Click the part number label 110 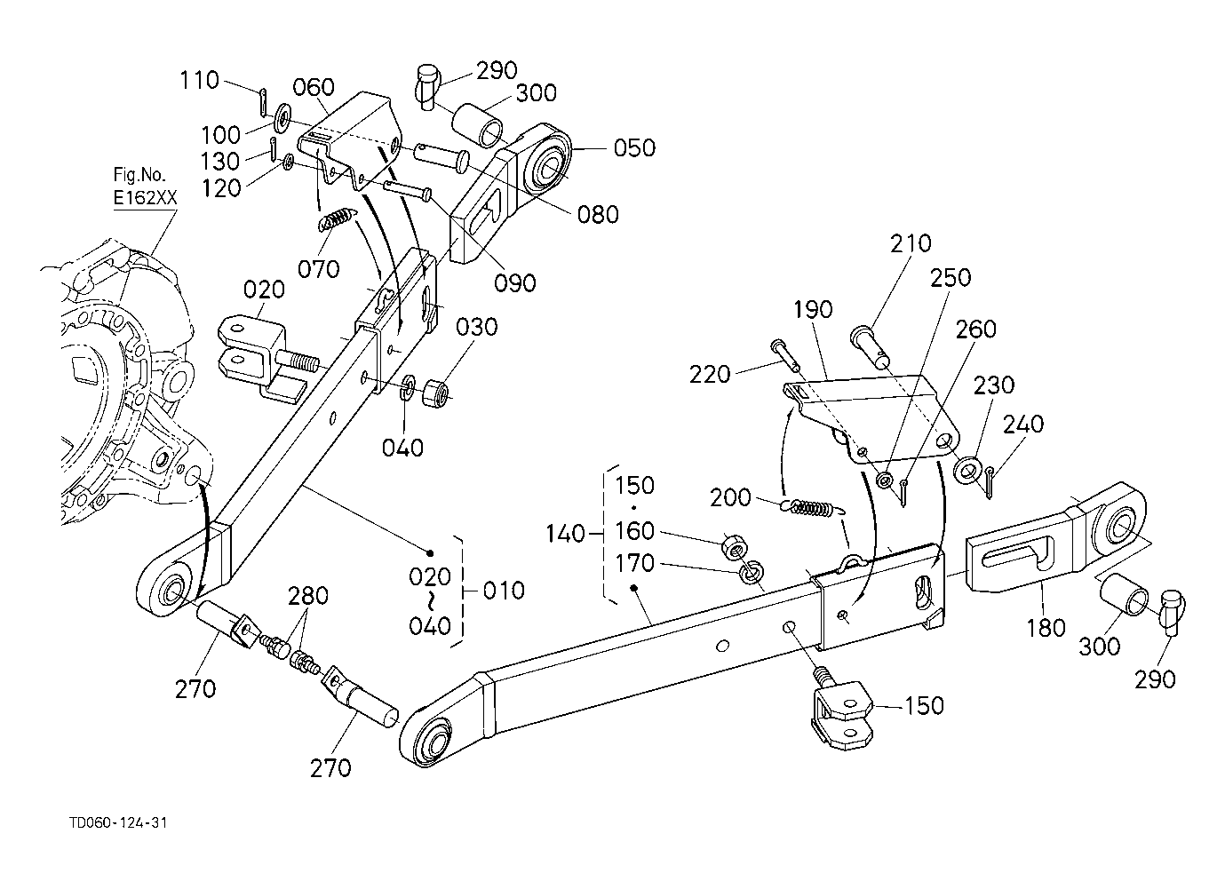click(x=200, y=80)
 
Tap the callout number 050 click(x=634, y=148)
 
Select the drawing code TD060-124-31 click(x=118, y=823)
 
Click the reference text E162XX click(x=146, y=197)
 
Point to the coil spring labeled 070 click(x=334, y=220)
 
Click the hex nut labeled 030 click(x=436, y=392)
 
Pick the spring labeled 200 click(x=813, y=508)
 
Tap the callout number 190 click(x=813, y=310)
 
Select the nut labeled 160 click(x=732, y=545)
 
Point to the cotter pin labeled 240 click(x=990, y=482)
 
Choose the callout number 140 click(x=566, y=534)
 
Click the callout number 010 click(x=504, y=591)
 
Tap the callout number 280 click(x=308, y=595)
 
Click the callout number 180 click(x=1046, y=628)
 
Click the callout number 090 click(x=515, y=282)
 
